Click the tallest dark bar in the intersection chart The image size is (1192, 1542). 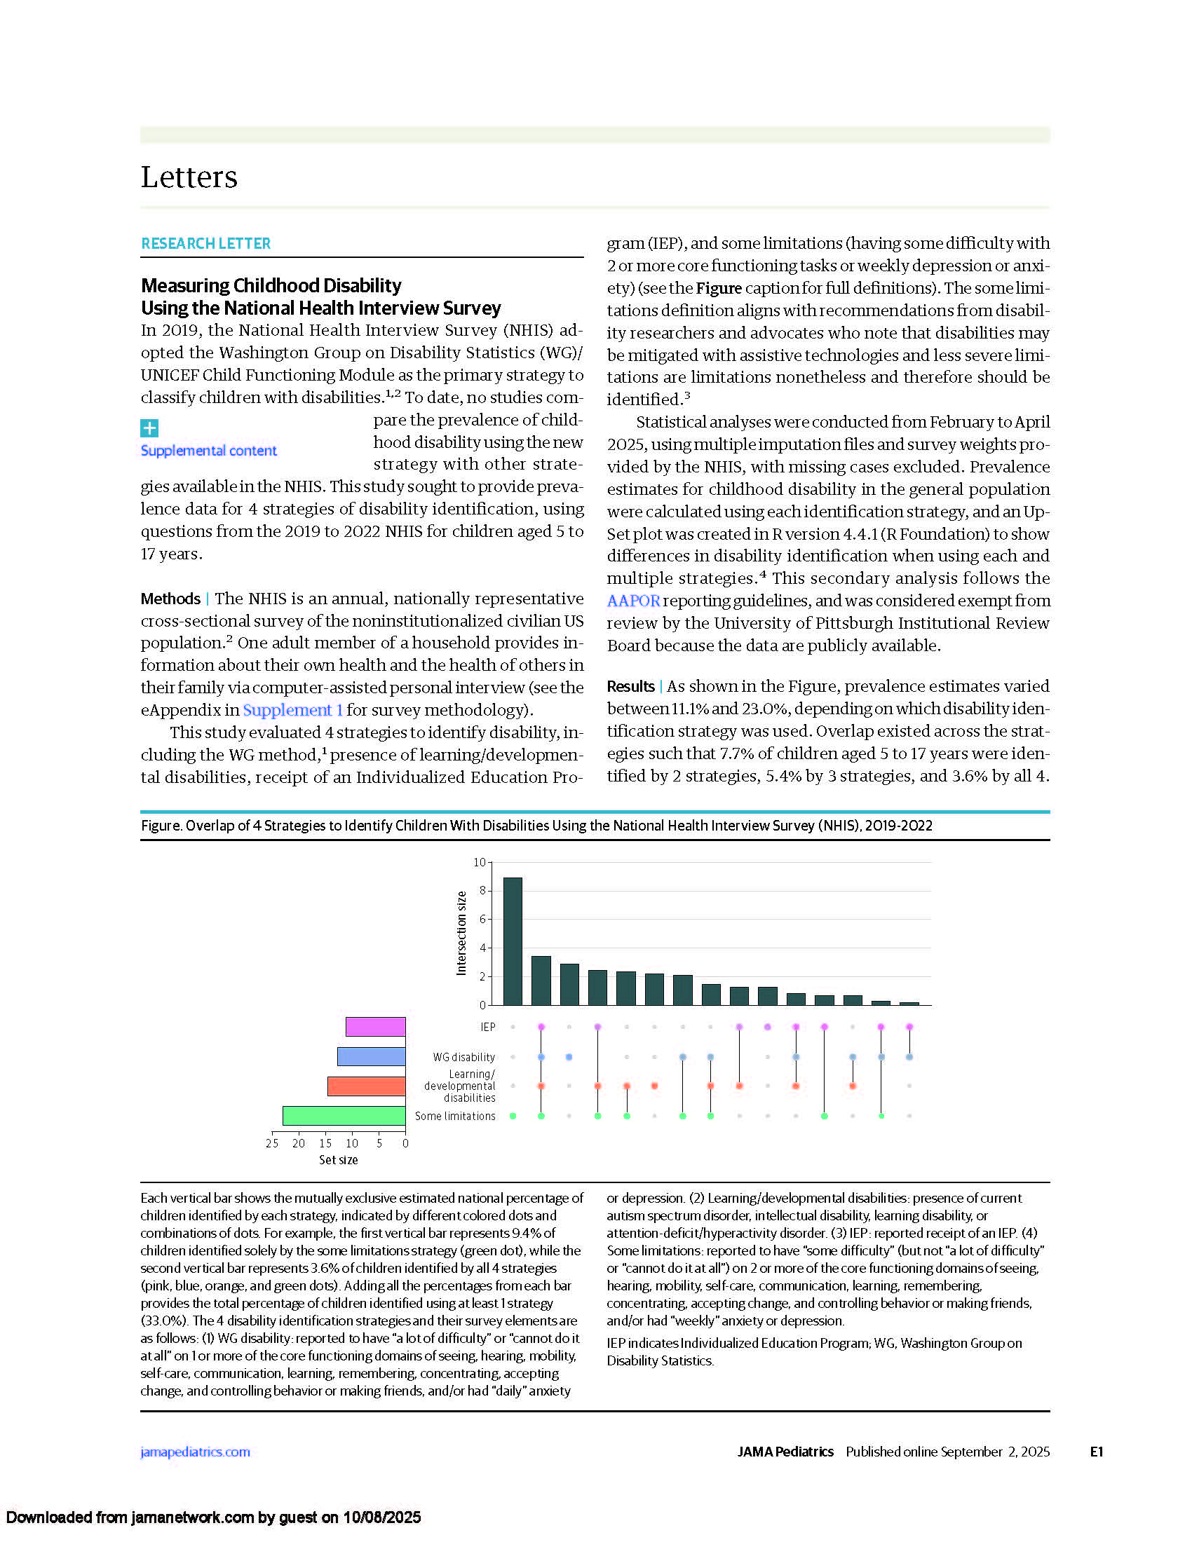513,941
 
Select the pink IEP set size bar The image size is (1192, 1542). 375,1027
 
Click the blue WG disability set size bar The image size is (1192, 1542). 372,1056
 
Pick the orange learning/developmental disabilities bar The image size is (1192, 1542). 366,1086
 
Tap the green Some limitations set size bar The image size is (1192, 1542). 344,1116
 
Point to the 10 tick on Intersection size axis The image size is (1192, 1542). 480,862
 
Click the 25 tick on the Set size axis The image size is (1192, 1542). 272,1143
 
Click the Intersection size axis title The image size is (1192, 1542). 461,933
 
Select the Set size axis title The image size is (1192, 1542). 338,1160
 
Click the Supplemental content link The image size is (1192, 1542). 208,451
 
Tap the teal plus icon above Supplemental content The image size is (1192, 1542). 149,428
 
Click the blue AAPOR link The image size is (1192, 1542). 632,601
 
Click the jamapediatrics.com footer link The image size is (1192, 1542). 195,1452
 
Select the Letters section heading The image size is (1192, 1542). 189,177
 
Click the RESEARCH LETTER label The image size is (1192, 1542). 205,244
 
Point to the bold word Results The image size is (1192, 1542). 630,686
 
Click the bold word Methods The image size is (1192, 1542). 170,599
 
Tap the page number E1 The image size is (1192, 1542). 1096,1452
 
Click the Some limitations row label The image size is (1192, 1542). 455,1117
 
